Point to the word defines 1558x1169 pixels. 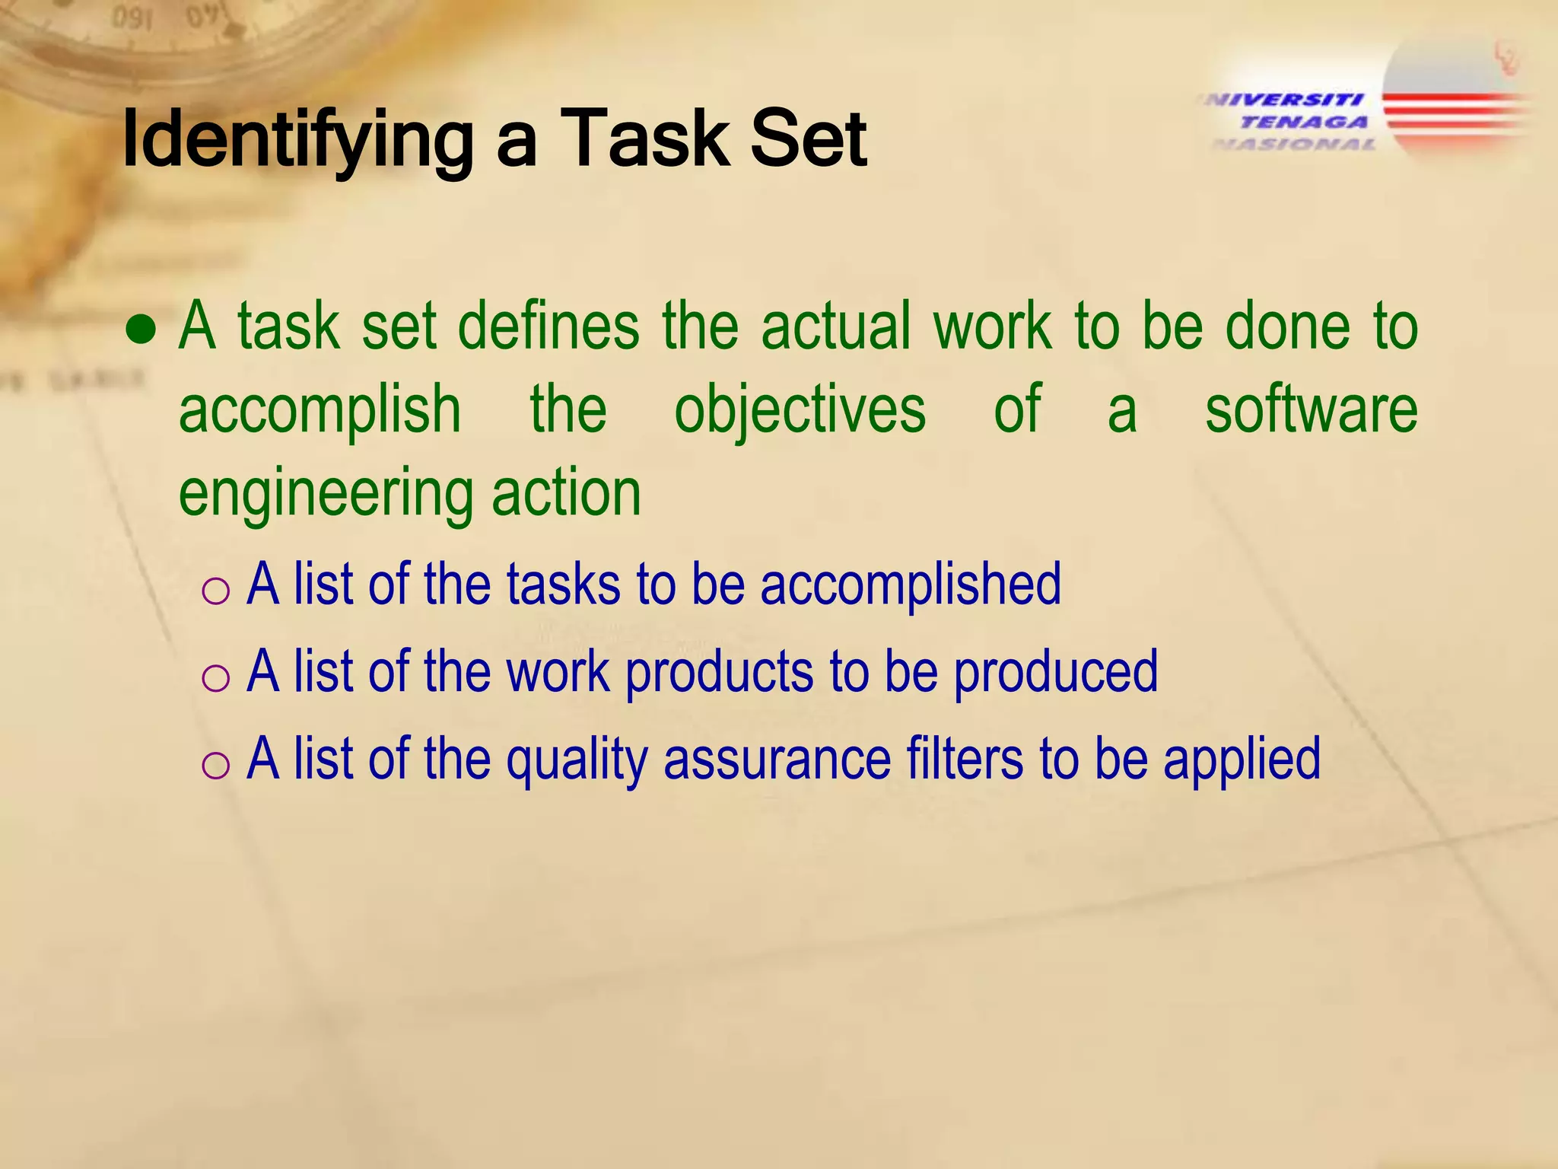548,326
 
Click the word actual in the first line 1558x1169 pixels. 835,326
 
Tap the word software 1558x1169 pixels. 1311,409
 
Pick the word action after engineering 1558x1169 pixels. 566,493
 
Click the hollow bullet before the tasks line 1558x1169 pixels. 216,591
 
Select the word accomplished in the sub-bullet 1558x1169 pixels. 910,584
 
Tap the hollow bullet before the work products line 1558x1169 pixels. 216,677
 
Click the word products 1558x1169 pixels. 720,673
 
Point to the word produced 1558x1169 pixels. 1055,672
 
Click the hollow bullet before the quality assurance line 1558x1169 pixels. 216,765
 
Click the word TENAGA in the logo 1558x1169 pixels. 1303,122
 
